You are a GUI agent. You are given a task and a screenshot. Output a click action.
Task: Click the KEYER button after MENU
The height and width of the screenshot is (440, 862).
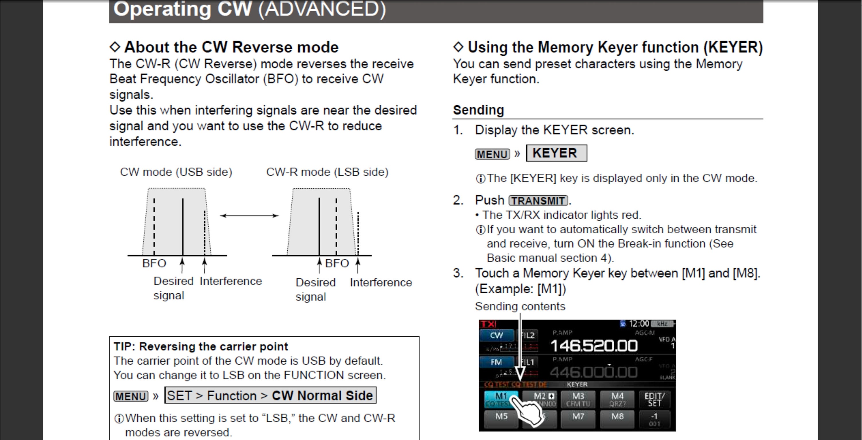[x=556, y=153]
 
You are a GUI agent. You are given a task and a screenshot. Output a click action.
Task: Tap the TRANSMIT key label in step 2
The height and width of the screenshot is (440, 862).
[x=538, y=201]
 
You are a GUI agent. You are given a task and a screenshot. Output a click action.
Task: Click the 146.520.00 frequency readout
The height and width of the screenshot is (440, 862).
[x=594, y=346]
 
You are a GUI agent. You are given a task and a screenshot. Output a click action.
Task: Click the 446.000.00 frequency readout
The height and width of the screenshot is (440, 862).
[x=594, y=372]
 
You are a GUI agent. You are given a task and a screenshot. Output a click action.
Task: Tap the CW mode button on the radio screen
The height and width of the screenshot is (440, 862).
[x=496, y=335]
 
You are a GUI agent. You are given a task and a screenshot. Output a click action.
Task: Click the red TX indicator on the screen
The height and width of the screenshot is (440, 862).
[x=488, y=324]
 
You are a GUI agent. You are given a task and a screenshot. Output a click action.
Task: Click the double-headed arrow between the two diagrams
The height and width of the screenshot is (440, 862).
[x=249, y=216]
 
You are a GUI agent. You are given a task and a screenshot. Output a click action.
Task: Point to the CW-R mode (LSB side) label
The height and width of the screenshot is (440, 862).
[x=327, y=172]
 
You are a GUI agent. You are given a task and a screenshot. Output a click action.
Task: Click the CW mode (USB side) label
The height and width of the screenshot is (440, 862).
[x=176, y=172]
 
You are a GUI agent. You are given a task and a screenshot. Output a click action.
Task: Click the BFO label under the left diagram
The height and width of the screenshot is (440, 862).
[x=154, y=263]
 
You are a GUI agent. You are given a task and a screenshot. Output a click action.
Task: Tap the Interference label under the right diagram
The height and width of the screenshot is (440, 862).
[x=381, y=282]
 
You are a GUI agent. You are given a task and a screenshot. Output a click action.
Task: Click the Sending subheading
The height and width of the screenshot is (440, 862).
[x=478, y=110]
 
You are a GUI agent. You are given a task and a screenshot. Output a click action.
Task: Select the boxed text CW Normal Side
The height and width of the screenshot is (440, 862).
[x=322, y=396]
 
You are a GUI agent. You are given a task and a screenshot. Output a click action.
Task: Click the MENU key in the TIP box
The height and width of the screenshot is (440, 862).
[x=131, y=396]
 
